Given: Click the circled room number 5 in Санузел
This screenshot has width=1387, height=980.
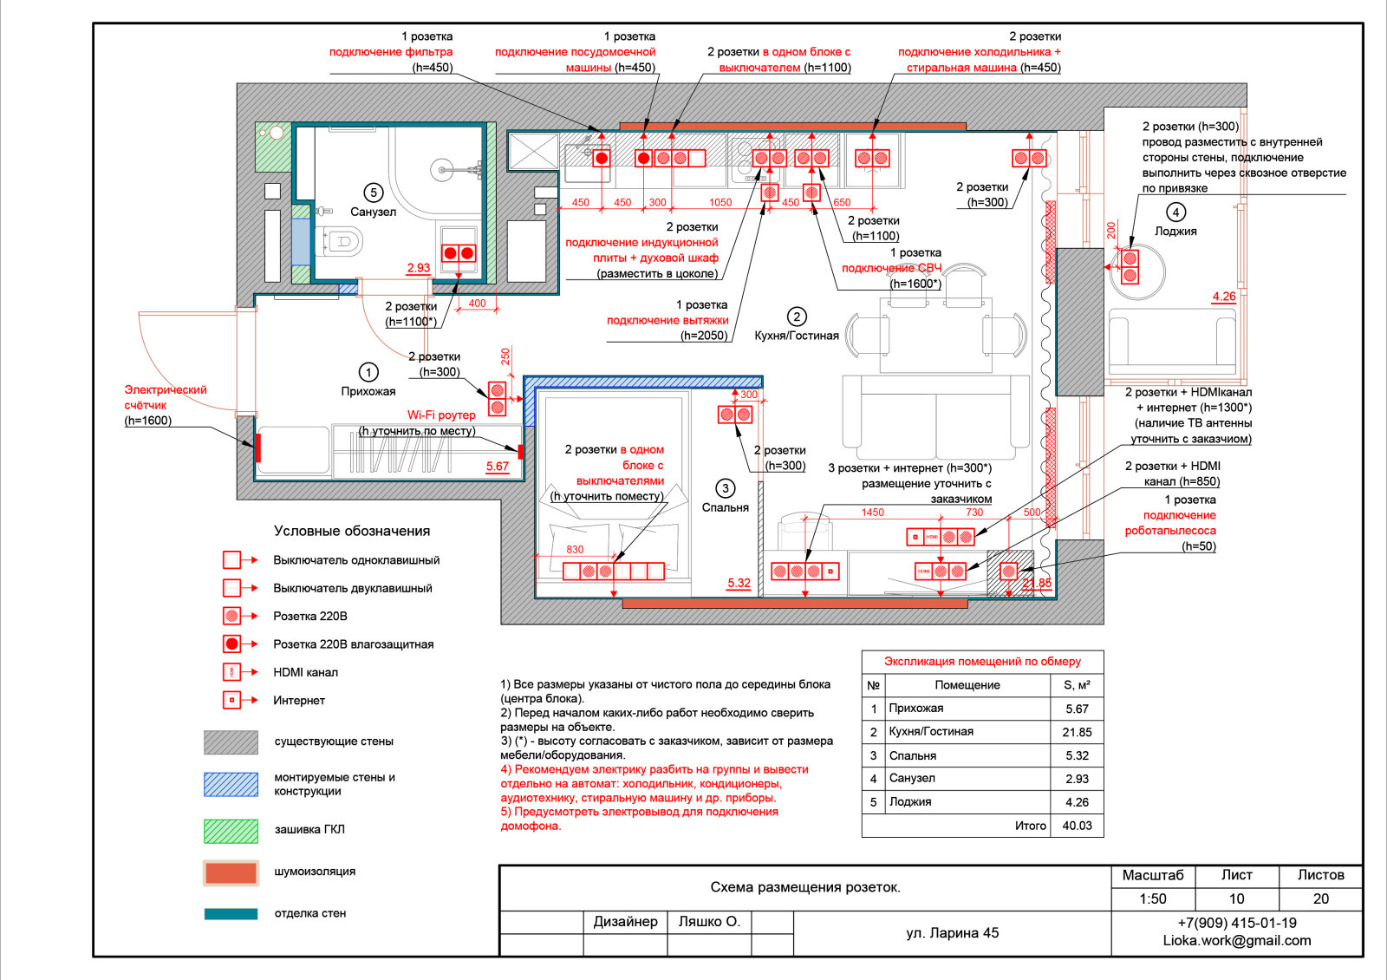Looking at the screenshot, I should click(x=373, y=193).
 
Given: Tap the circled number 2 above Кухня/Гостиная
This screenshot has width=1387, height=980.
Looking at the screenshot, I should click(x=797, y=317).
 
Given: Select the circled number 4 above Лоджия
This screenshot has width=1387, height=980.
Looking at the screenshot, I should click(x=1175, y=212).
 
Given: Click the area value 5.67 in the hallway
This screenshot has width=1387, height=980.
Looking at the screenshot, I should click(x=498, y=467).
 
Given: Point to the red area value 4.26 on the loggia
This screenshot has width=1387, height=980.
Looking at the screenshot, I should click(x=1224, y=297).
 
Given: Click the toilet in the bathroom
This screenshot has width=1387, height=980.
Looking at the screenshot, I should click(x=340, y=240).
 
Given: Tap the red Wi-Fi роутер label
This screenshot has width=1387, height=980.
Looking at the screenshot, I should click(x=441, y=415).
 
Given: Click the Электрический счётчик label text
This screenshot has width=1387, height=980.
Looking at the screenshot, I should click(x=165, y=397).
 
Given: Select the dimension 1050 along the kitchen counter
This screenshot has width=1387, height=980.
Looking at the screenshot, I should click(x=720, y=203).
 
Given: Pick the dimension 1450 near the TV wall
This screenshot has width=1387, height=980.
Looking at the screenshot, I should click(x=872, y=513).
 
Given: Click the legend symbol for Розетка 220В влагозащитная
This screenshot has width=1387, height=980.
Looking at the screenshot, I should click(x=231, y=644).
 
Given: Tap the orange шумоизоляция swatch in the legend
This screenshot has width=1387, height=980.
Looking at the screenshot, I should click(x=231, y=872).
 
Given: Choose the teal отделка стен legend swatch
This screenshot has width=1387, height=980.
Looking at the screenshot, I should click(x=231, y=913).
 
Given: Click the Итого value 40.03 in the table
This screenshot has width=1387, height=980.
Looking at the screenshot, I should click(x=1077, y=826).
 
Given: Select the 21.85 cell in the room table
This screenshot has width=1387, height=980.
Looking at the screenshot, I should click(x=1077, y=732).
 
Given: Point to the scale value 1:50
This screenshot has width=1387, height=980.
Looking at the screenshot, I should click(x=1152, y=899).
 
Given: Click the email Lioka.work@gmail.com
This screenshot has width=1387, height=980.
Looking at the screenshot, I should click(x=1236, y=940).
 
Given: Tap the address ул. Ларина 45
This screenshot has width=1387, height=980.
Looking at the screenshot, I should click(x=952, y=933).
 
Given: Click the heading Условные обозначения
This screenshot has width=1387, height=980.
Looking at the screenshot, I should click(x=352, y=531).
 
